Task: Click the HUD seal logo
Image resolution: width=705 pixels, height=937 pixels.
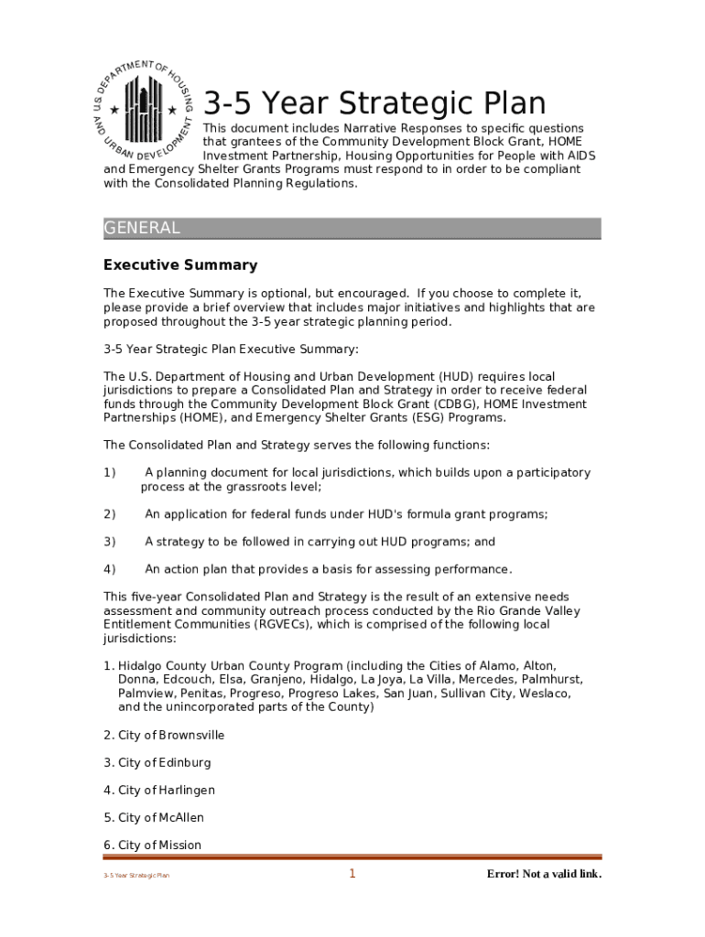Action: (144, 108)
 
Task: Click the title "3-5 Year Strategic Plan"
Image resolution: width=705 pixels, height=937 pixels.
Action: (374, 102)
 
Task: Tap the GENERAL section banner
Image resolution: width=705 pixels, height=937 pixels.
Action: (352, 228)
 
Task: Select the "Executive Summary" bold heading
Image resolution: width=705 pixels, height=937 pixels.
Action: (180, 265)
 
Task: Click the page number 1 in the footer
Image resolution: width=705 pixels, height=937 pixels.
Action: (352, 874)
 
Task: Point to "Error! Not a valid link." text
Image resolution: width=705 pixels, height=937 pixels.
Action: (544, 874)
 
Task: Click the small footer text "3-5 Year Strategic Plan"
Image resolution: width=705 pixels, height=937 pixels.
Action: (136, 876)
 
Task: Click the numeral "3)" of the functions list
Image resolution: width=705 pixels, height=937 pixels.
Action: (110, 542)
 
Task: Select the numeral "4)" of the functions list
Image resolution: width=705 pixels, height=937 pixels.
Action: (110, 569)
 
